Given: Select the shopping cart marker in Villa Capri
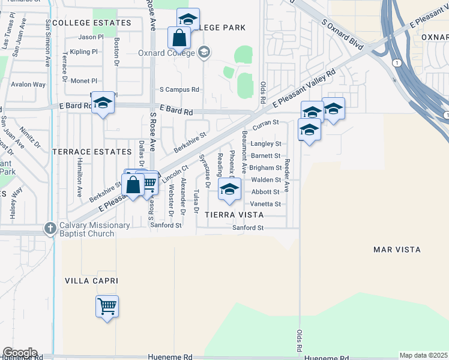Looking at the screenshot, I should pyautogui.click(x=107, y=307).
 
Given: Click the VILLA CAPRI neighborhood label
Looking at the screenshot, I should pyautogui.click(x=92, y=281).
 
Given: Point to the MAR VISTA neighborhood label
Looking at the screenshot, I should pyautogui.click(x=397, y=249).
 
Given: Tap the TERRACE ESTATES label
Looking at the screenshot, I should pyautogui.click(x=91, y=152).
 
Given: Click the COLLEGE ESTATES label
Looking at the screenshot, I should pyautogui.click(x=91, y=23).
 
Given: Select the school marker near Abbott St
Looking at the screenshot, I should pyautogui.click(x=228, y=190).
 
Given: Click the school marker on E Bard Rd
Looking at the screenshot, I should pyautogui.click(x=103, y=103).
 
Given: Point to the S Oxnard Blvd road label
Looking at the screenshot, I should pyautogui.click(x=343, y=34).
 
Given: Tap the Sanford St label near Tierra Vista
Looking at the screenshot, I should pyautogui.click(x=249, y=228).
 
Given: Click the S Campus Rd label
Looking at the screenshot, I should pyautogui.click(x=179, y=89).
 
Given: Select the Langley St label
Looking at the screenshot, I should pyautogui.click(x=266, y=144).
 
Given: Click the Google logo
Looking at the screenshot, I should pyautogui.click(x=19, y=353).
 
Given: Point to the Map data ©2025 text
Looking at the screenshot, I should pyautogui.click(x=424, y=355).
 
